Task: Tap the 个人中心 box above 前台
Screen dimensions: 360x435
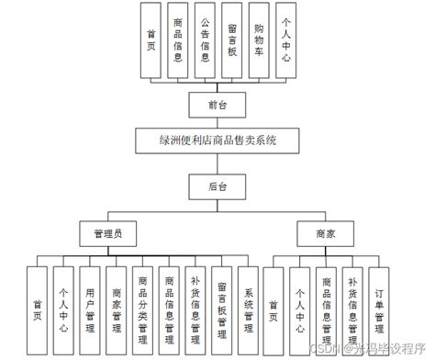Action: click(x=288, y=40)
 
